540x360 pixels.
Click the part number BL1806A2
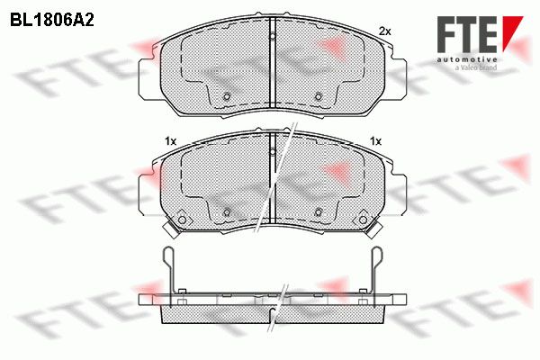pyautogui.click(x=52, y=21)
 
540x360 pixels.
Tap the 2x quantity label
pyautogui.click(x=384, y=31)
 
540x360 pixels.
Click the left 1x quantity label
pyautogui.click(x=170, y=141)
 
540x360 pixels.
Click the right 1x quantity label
pyautogui.click(x=375, y=141)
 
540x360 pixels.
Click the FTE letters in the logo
pyautogui.click(x=466, y=34)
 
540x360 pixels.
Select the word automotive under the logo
pyautogui.click(x=467, y=59)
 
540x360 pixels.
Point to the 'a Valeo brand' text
pyautogui.click(x=476, y=67)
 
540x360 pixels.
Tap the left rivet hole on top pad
pyautogui.click(x=227, y=96)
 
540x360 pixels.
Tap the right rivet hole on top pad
pyautogui.click(x=319, y=96)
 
